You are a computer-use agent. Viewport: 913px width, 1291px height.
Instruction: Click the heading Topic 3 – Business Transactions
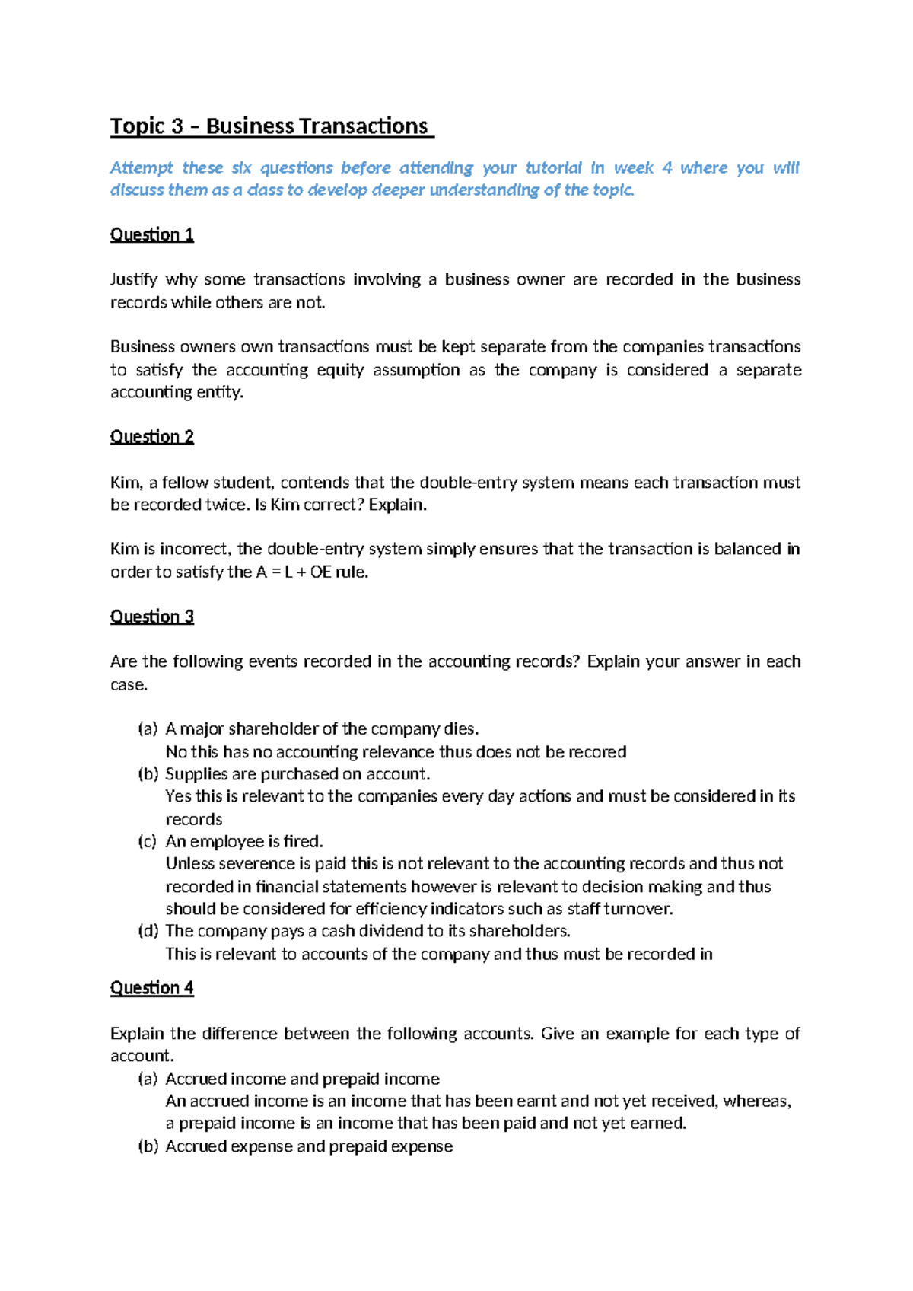pos(271,126)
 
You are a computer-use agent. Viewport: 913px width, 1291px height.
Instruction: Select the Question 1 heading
pos(152,234)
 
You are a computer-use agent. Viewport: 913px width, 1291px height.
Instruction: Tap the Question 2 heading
pos(152,437)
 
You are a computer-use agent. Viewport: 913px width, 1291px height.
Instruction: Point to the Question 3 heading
pos(152,617)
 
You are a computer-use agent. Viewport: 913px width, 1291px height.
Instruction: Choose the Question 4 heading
pos(152,988)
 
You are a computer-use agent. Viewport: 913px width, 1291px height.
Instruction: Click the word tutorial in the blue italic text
pos(553,167)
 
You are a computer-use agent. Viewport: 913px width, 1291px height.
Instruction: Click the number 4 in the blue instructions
pos(666,167)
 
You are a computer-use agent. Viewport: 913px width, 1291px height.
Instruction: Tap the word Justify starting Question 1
pos(133,279)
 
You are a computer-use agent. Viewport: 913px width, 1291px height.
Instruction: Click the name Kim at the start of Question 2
pos(125,483)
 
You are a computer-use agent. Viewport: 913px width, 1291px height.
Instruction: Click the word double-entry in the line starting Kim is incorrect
pos(306,550)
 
